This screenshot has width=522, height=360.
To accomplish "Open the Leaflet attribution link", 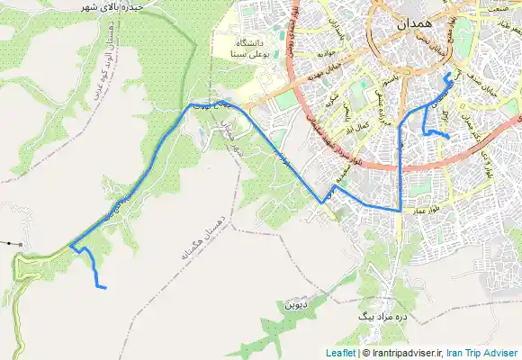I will [x=341, y=353].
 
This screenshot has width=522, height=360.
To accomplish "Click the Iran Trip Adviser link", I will [x=482, y=353].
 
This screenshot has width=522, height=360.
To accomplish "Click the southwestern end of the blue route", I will [x=105, y=288].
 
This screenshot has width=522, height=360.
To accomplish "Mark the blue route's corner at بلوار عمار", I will [x=400, y=209].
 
